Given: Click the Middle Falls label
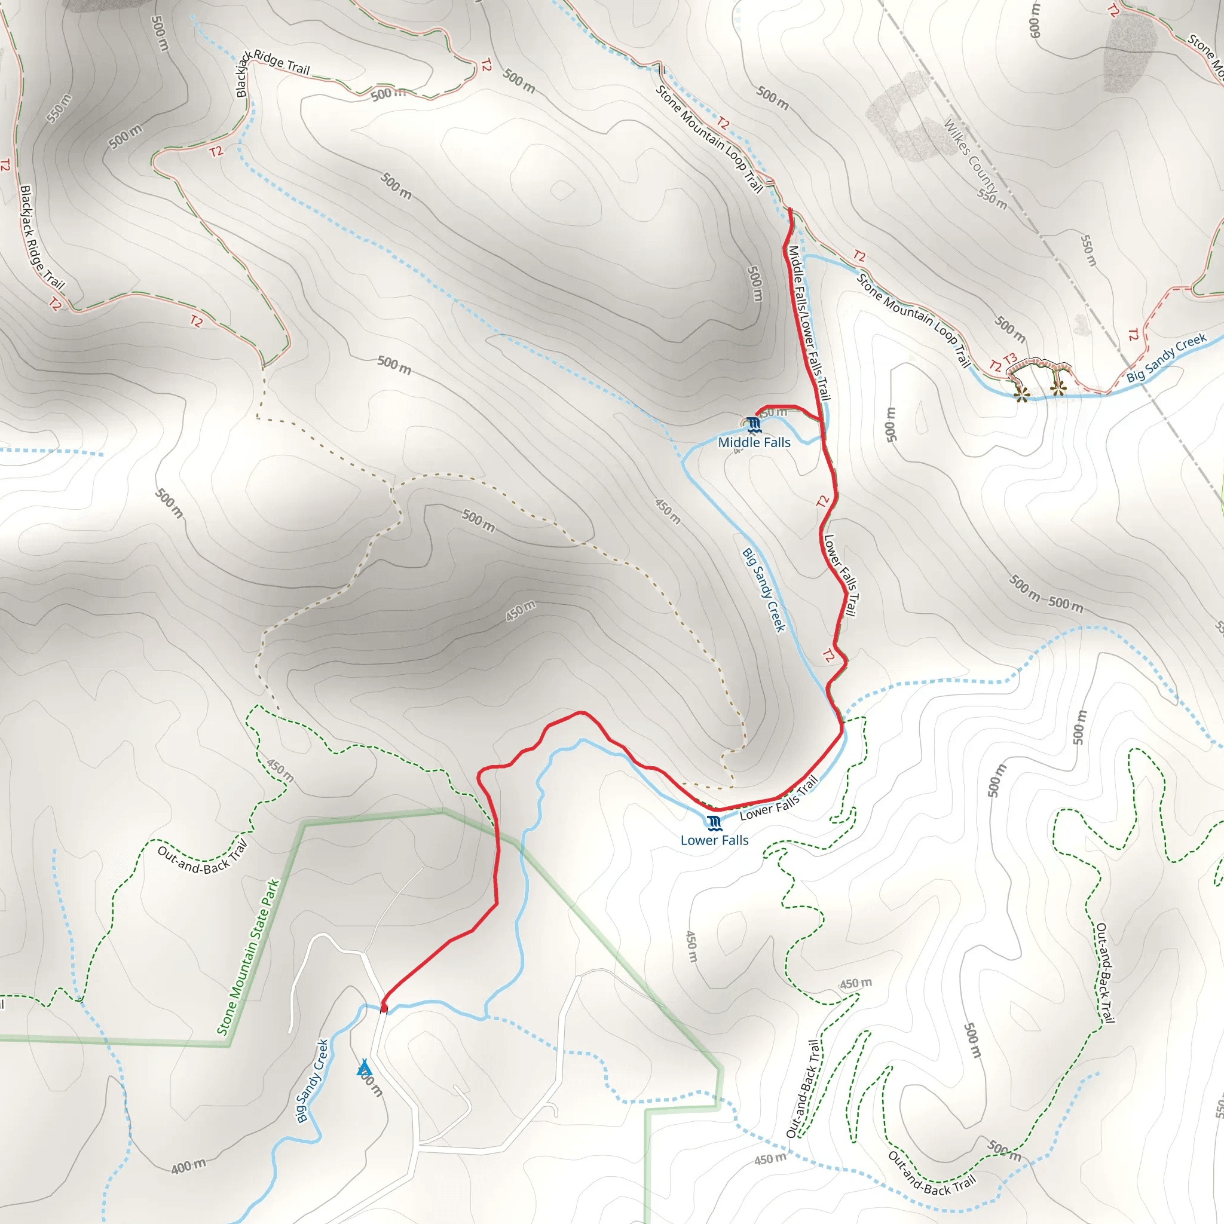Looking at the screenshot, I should coord(754,442).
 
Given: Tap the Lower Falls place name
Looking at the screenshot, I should coord(714,840).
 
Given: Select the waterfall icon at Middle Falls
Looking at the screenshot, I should coord(753,424).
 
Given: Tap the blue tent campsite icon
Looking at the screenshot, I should coord(363,1068).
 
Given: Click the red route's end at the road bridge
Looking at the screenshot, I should coord(384,1007).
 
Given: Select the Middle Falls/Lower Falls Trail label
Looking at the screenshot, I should coord(808,323).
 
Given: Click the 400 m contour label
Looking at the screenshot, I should coord(189,1165).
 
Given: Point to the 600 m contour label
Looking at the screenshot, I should coord(1035,20).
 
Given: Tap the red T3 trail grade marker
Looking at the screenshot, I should coord(1010,359).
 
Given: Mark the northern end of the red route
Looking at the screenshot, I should coord(790,209).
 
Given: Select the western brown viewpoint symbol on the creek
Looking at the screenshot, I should coord(1021,394).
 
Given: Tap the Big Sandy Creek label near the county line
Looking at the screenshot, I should coord(1167,359).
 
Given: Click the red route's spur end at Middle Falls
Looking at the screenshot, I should coord(757,415).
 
